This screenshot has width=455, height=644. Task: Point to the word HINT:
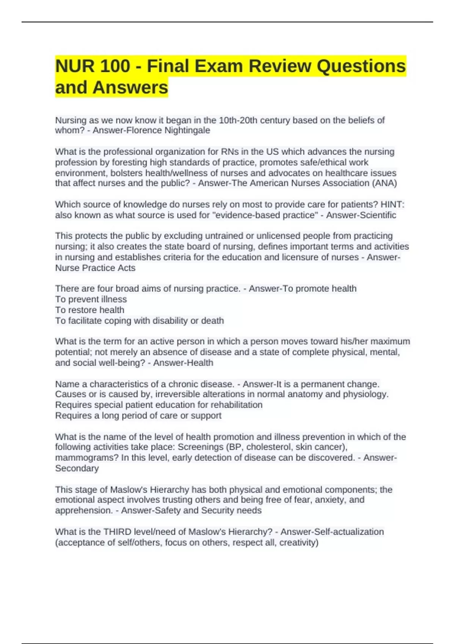[x=392, y=205]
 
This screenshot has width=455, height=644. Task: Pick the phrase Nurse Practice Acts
[x=95, y=268]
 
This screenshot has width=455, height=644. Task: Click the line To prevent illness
[x=91, y=299]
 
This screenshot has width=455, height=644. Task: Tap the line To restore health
[x=89, y=310]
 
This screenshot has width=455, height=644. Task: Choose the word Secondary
[x=77, y=468]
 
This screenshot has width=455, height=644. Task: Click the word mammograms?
[x=87, y=458]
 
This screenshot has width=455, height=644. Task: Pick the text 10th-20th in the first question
[x=238, y=120]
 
